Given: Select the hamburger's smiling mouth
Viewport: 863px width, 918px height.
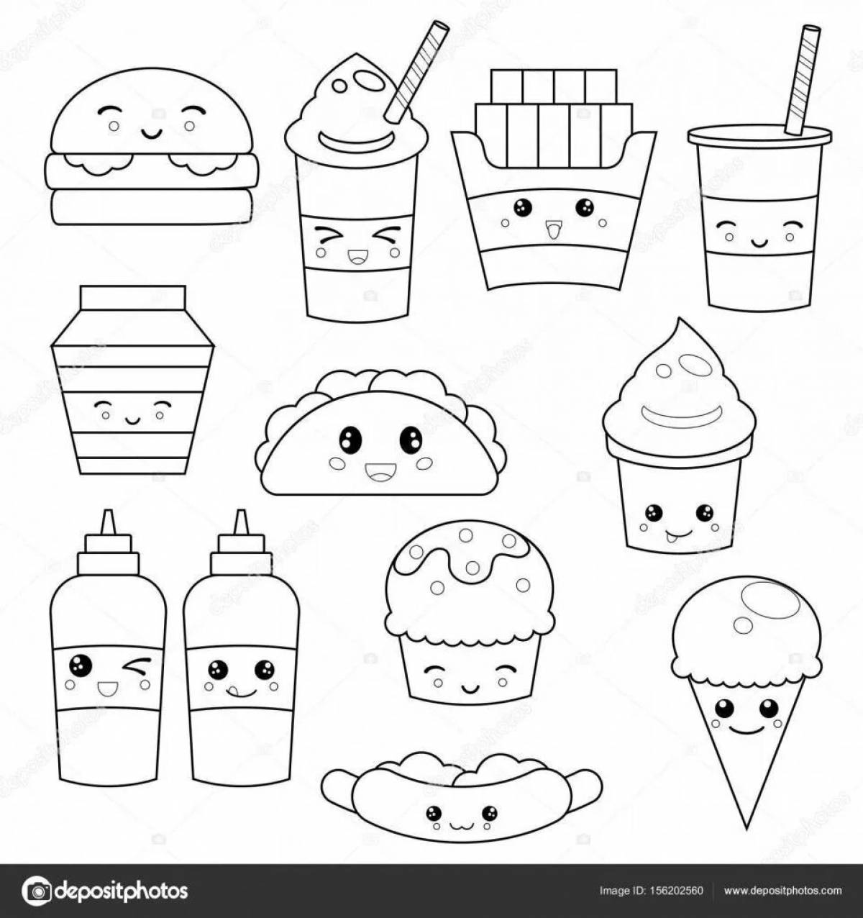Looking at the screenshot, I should [x=151, y=132].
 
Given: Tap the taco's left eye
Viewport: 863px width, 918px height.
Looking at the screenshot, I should [x=350, y=438].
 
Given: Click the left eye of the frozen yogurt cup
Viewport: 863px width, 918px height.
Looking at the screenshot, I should [x=653, y=513].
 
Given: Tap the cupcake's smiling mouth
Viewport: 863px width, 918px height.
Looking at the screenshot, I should [x=470, y=687].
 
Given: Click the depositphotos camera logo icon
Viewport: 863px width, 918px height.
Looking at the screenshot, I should [x=37, y=891].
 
